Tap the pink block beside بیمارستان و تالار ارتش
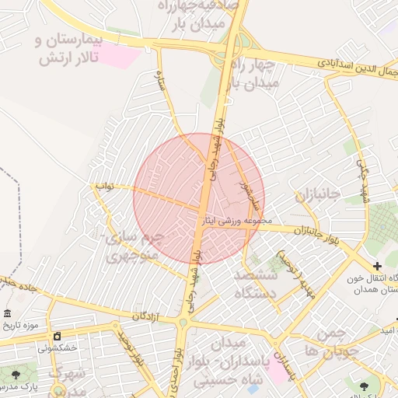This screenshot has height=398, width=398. (117, 55)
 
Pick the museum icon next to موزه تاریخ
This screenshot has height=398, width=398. (7, 313)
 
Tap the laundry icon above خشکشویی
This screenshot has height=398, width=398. (57, 335)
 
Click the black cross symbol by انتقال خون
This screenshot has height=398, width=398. (377, 267)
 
